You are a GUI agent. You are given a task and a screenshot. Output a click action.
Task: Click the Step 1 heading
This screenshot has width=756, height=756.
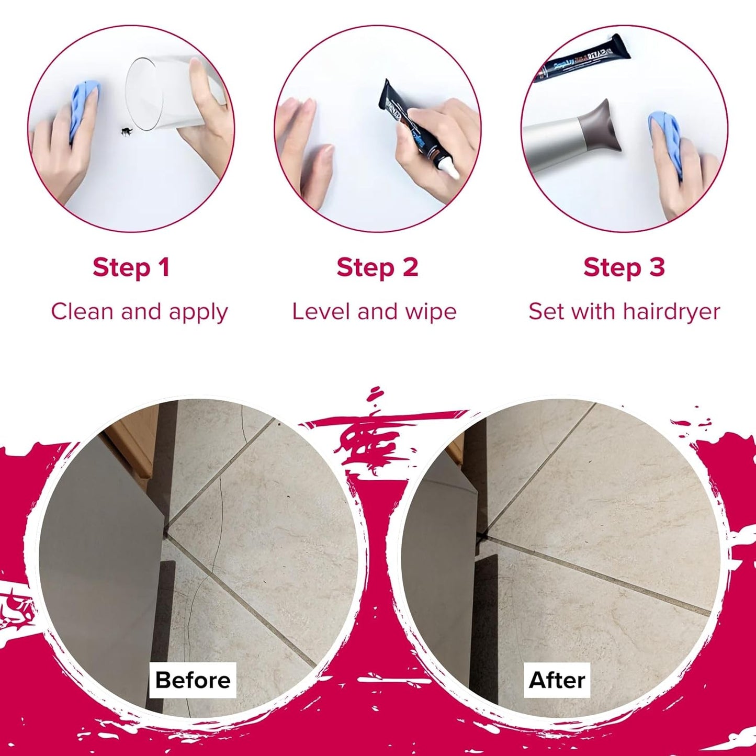(x=131, y=267)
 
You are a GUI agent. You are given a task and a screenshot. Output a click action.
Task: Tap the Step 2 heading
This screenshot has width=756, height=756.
(x=377, y=267)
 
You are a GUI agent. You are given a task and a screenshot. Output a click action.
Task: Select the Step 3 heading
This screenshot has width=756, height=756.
(x=624, y=267)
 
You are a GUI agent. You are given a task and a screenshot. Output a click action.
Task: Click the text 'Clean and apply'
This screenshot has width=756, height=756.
(x=139, y=312)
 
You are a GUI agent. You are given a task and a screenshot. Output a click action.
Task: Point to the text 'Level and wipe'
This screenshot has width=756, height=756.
(x=374, y=312)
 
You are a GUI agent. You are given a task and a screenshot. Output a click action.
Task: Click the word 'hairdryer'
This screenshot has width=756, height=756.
(x=672, y=312)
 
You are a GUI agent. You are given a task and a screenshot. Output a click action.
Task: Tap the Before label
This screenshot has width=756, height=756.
(x=193, y=680)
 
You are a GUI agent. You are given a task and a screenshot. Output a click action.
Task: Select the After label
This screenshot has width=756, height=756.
(x=557, y=680)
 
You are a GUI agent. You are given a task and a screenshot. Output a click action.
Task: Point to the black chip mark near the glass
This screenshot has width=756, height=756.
(x=126, y=130)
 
